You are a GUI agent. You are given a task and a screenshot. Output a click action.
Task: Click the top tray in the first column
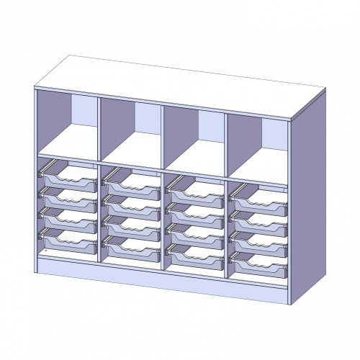[68, 177]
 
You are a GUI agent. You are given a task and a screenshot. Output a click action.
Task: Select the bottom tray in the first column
[68, 240]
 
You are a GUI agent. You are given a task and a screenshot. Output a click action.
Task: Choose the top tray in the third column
[194, 186]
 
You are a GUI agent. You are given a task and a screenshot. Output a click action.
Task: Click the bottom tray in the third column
[194, 253]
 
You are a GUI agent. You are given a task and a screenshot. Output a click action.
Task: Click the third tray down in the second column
[131, 224]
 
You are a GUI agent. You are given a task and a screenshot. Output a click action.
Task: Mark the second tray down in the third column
[194, 209]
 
